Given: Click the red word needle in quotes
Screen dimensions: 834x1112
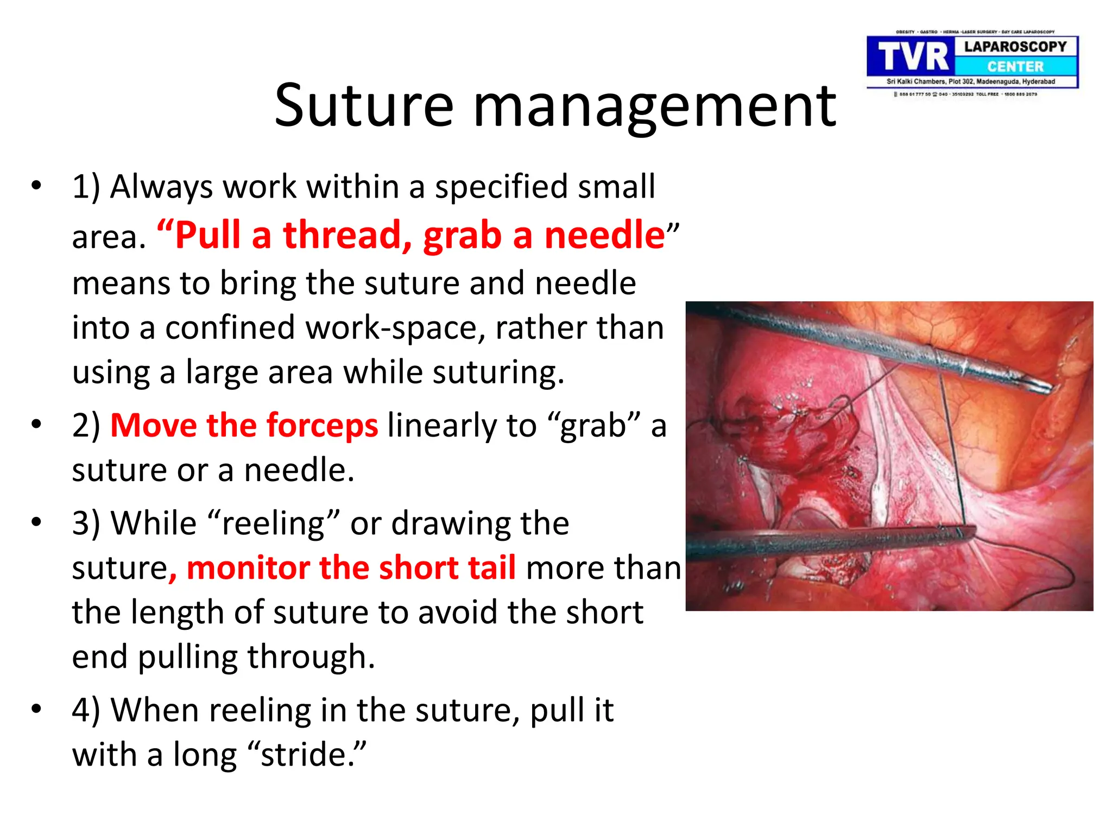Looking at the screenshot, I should (x=604, y=235).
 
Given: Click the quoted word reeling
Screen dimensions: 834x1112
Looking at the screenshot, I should (x=274, y=523).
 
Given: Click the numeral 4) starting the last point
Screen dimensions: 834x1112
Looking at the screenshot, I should (x=86, y=710).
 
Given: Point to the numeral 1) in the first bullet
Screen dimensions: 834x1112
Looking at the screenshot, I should (x=86, y=187).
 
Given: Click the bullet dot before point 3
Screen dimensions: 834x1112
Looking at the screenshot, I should (x=36, y=522).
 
